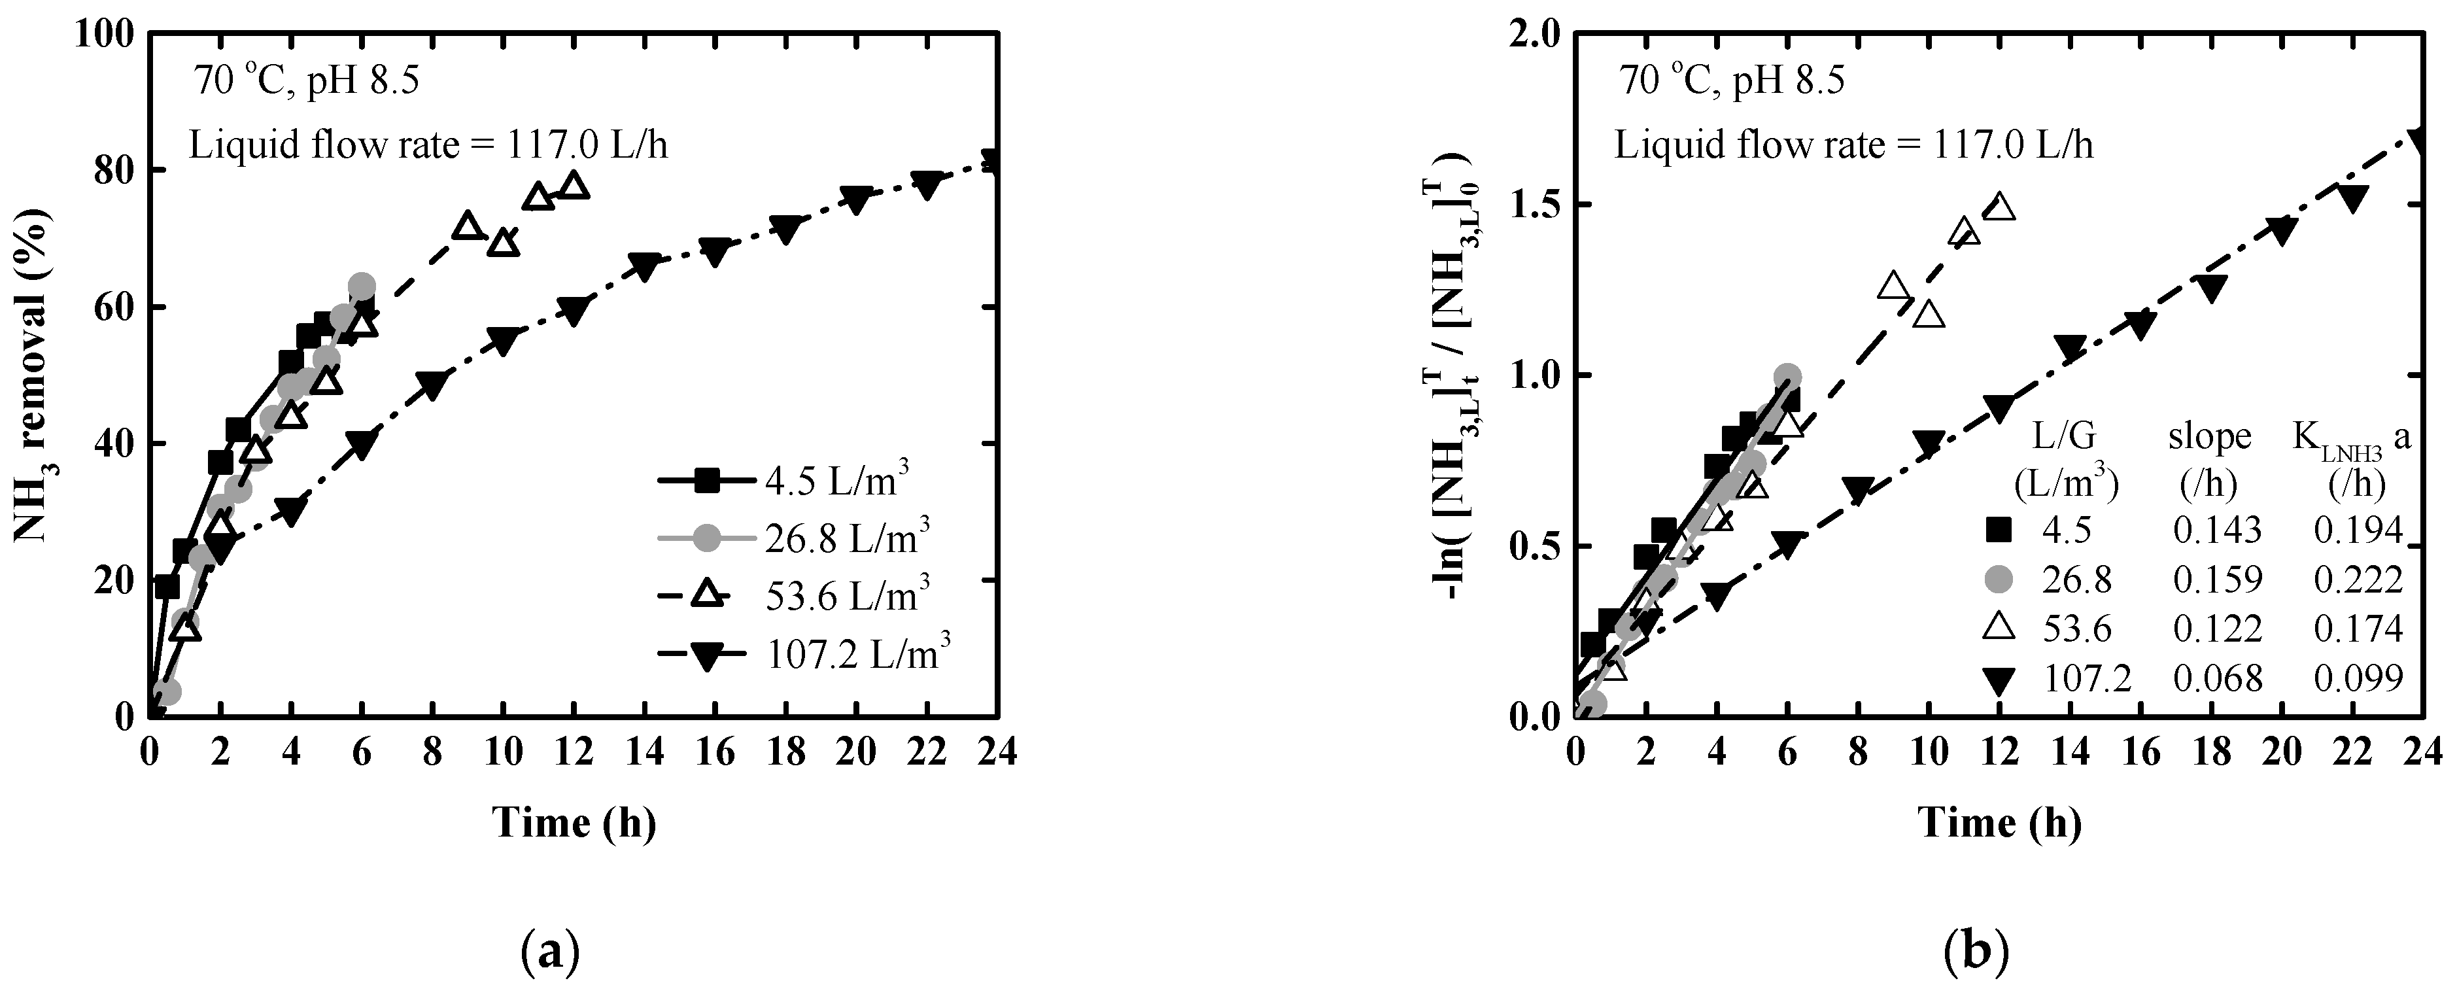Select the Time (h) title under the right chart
[1999, 822]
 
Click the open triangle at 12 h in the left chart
[574, 185]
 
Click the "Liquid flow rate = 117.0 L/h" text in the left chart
[428, 145]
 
